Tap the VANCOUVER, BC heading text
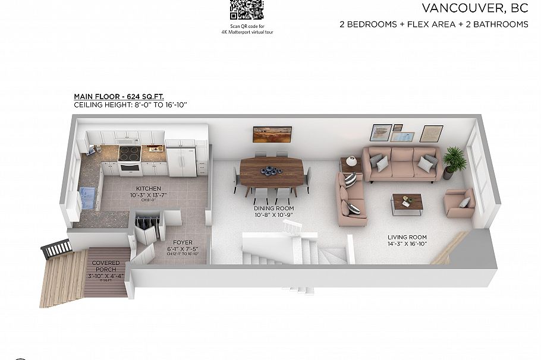pyautogui.click(x=475, y=8)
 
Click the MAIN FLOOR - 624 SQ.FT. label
pyautogui.click(x=114, y=96)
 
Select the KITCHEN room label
pyautogui.click(x=144, y=188)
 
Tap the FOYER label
pyautogui.click(x=182, y=243)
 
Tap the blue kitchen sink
pyautogui.click(x=88, y=194)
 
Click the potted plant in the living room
pyautogui.click(x=454, y=160)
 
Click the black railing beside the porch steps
pyautogui.click(x=55, y=247)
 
